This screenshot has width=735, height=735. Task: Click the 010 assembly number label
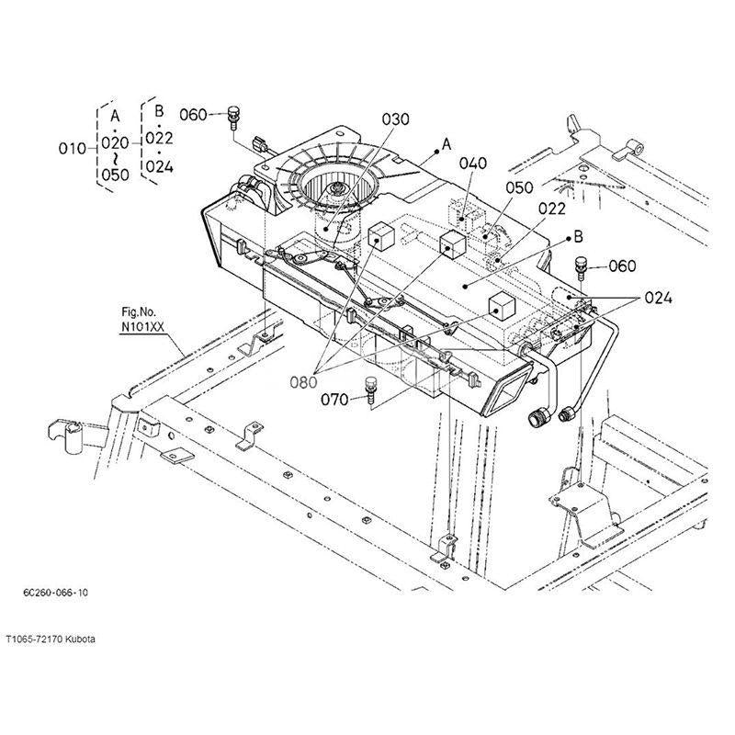click(x=71, y=148)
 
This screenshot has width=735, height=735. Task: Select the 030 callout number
click(x=396, y=120)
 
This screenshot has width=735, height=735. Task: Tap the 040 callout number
click(x=472, y=164)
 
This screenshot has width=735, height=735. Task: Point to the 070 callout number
click(x=335, y=400)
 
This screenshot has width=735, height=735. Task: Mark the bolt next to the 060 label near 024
click(x=580, y=266)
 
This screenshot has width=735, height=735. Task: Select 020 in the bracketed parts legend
click(x=115, y=142)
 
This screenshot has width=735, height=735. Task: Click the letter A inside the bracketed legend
click(x=115, y=117)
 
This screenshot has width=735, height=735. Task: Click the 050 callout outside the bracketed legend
click(x=520, y=187)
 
